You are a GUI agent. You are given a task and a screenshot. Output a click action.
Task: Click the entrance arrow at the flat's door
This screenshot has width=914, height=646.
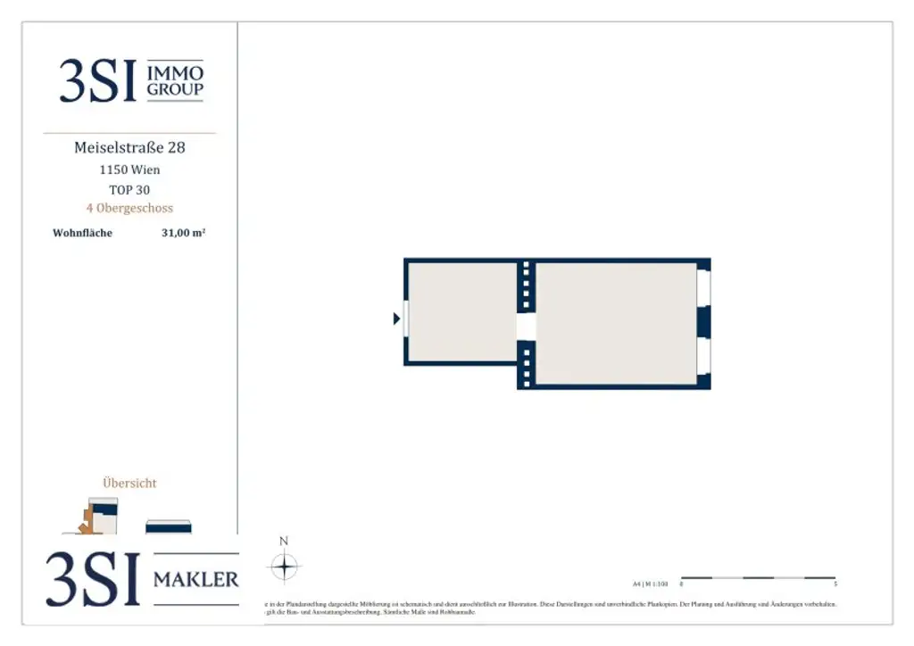396,319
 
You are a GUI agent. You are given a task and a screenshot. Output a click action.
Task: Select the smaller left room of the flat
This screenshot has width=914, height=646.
461,311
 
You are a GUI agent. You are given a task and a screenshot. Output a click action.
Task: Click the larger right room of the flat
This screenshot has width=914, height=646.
616,323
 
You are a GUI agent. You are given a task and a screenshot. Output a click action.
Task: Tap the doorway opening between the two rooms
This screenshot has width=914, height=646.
527,326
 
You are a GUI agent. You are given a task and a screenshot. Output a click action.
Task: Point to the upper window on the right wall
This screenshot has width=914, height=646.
703,289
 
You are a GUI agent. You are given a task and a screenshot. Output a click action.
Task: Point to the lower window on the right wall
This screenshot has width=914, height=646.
703,356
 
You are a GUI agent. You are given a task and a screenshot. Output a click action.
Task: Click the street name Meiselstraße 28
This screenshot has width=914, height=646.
129,147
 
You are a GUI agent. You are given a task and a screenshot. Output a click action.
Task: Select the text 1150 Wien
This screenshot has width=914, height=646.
129,170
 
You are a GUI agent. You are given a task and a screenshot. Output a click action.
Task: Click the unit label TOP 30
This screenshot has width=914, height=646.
129,189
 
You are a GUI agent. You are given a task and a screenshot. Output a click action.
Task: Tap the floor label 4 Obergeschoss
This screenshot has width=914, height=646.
129,208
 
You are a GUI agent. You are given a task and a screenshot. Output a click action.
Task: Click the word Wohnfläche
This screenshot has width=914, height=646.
83,234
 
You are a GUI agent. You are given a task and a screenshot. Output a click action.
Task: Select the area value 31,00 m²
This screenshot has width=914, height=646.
184,234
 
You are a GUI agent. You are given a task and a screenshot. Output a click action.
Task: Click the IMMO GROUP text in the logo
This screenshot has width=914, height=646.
175,80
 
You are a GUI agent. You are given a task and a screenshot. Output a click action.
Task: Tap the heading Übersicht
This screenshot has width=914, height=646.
129,483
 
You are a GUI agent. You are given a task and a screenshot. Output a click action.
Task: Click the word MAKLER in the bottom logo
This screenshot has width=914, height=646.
196,580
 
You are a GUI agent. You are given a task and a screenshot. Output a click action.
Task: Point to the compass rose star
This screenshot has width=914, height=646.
284,567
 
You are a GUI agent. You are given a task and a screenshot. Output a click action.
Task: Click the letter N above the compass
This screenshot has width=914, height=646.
284,541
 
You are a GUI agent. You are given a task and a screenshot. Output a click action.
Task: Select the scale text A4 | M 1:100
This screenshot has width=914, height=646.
650,584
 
